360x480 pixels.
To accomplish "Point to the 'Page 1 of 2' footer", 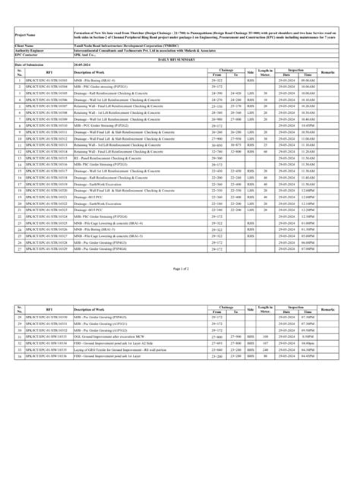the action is point(180,290).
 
